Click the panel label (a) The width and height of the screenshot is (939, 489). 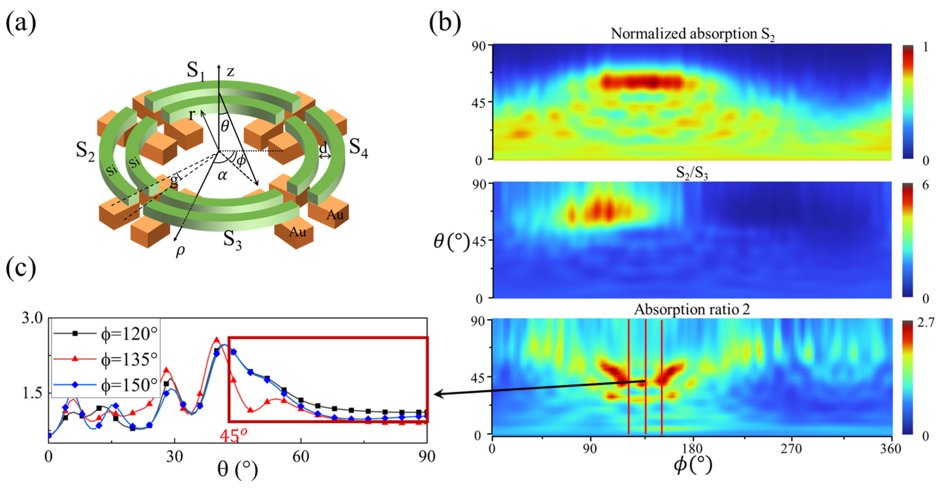(21, 23)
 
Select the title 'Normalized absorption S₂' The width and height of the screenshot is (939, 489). (692, 34)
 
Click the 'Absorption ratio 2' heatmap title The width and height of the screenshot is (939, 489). (692, 310)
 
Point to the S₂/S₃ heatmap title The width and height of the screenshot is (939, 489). (692, 173)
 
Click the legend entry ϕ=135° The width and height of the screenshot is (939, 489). (129, 359)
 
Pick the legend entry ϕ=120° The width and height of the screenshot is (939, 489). (129, 333)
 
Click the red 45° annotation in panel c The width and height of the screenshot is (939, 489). (234, 435)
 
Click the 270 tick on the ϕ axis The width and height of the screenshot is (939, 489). (791, 449)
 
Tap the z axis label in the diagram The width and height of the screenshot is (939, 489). (230, 71)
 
